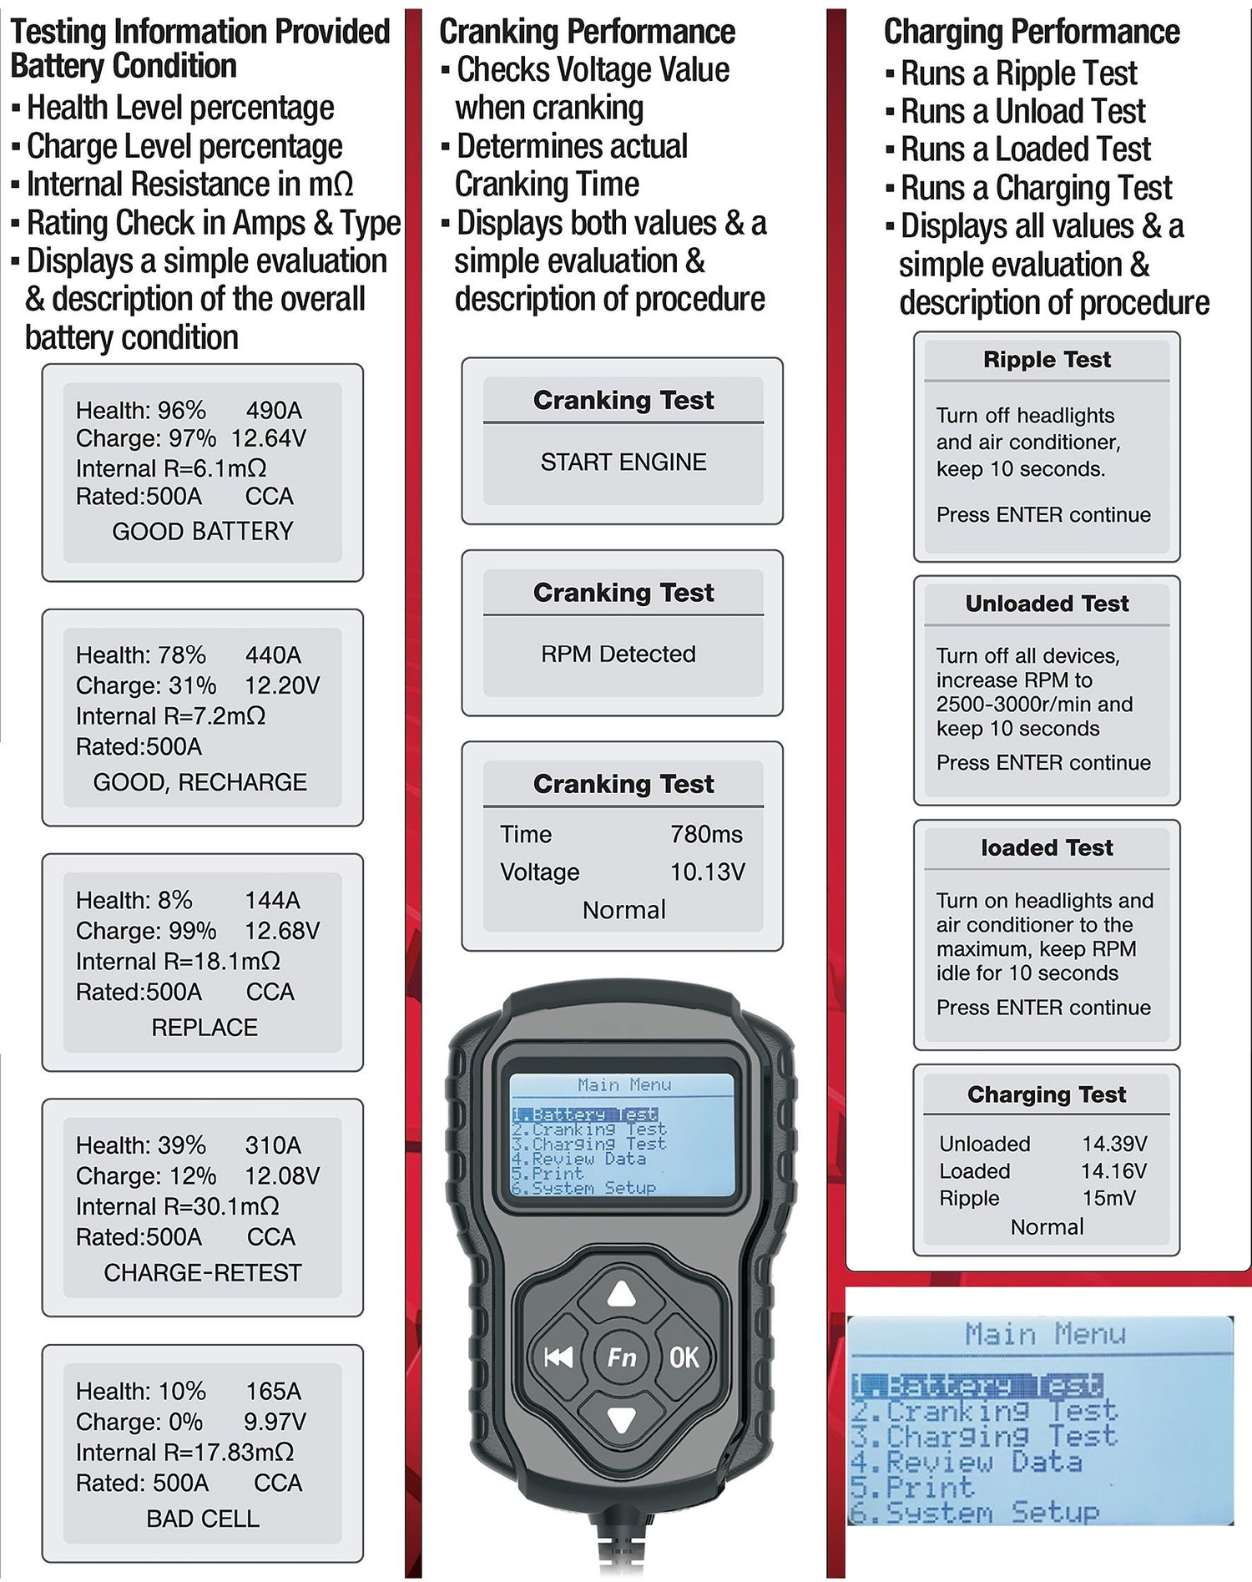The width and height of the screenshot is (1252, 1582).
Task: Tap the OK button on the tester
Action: coord(684,1357)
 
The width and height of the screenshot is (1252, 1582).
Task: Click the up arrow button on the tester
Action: coord(622,1295)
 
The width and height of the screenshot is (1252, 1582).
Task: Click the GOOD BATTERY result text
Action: coord(203,531)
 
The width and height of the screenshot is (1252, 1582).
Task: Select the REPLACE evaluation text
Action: coord(204,1027)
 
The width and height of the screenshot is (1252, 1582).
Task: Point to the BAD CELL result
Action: coord(203,1519)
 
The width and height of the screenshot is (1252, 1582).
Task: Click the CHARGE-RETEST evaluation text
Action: coord(203,1272)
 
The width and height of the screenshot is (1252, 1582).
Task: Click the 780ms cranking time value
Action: coord(706,834)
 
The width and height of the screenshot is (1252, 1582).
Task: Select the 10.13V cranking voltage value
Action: coord(708,872)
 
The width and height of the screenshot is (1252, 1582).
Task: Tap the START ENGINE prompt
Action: coord(623,462)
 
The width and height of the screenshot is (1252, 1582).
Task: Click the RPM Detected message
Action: coord(618,654)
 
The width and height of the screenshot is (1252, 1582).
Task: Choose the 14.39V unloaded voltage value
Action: coord(1115,1144)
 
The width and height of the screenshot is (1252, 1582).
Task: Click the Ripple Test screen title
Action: coord(1047,360)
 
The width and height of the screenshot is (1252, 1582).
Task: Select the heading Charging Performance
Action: coord(1032,32)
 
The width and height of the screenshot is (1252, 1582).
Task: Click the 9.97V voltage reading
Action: coord(275,1421)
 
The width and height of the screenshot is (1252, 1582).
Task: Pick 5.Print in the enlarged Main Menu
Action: coord(912,1487)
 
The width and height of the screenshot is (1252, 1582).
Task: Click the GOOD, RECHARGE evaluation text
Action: coord(200,782)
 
